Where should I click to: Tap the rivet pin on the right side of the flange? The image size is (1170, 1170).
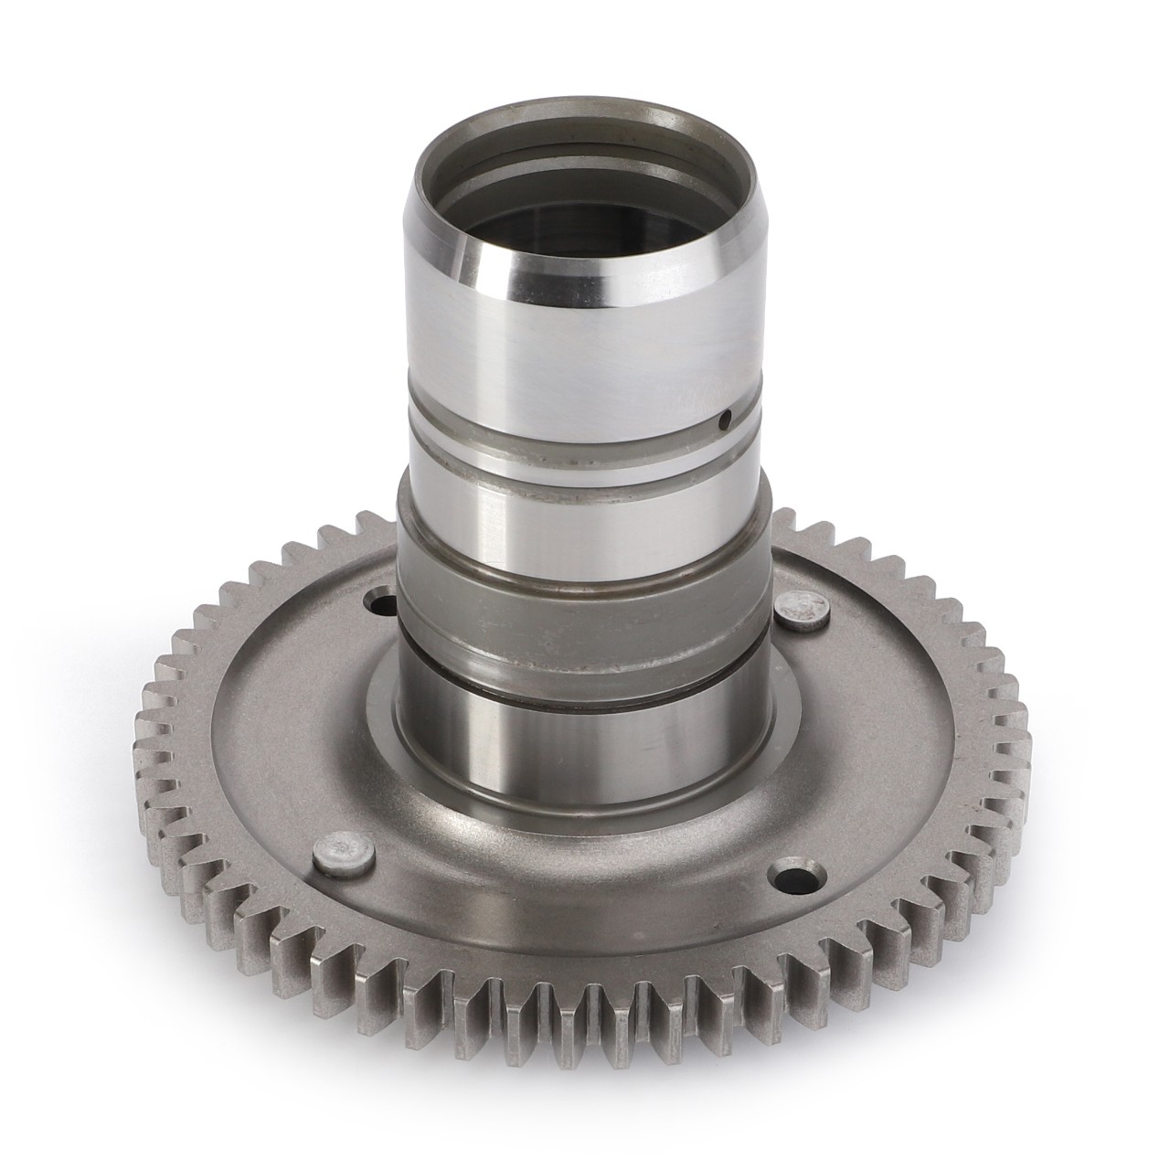(x=802, y=610)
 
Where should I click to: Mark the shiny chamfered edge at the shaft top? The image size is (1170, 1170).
(x=548, y=265)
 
